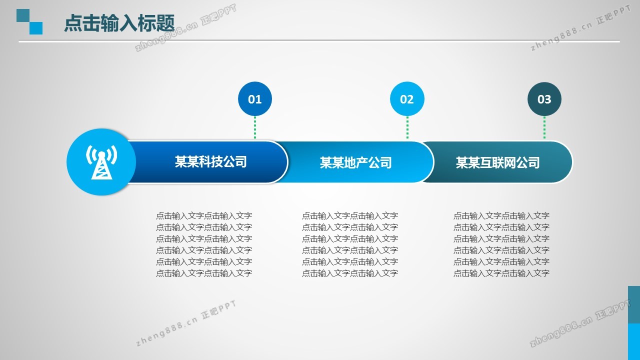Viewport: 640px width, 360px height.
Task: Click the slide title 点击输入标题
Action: coord(119,23)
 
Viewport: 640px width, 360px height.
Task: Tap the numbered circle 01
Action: coord(255,99)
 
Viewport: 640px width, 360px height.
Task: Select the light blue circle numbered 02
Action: coord(407,99)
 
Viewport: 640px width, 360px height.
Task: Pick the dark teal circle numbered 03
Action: coord(544,99)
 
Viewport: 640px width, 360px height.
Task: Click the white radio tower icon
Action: coord(101,162)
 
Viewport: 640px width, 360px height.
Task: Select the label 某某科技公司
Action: coord(211,161)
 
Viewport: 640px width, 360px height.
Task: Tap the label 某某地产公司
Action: coord(355,163)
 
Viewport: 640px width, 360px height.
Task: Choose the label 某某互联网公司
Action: coord(497,163)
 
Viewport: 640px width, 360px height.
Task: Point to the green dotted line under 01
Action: coord(255,127)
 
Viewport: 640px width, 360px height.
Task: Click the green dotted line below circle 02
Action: coord(407,127)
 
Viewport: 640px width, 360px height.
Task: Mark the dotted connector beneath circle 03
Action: coord(544,127)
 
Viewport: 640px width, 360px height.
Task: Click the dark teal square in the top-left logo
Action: coord(23,15)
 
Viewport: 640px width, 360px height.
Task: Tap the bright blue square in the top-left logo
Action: coord(36,28)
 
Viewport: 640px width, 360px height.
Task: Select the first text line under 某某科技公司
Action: coord(204,215)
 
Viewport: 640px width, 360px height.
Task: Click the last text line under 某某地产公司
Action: coord(350,273)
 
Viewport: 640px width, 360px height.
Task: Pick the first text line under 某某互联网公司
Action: coord(501,215)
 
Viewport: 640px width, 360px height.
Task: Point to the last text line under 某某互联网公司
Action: coord(501,273)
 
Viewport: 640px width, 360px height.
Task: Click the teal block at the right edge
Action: coord(634,305)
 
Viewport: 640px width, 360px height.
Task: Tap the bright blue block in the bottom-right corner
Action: coord(634,341)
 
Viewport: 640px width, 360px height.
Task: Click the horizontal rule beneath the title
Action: coord(319,41)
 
